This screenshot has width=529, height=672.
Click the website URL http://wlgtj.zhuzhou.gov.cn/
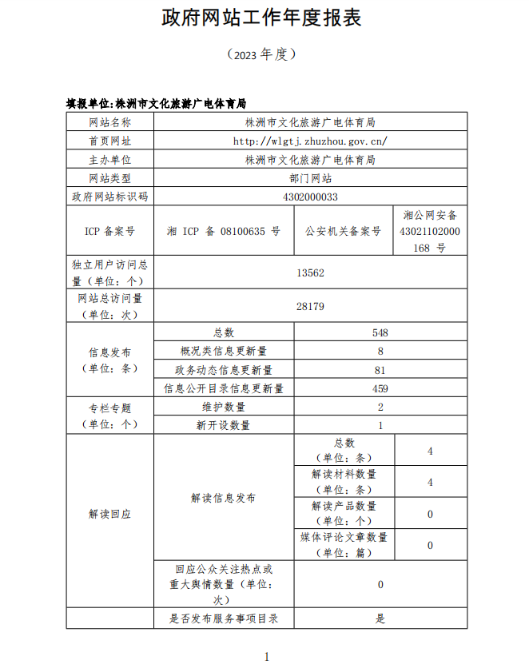[x=310, y=141]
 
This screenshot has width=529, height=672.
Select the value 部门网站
[x=310, y=178]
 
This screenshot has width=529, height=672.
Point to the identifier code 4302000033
[x=310, y=197]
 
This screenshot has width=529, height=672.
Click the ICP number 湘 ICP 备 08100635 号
[x=224, y=231]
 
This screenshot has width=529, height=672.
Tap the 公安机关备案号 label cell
[x=344, y=231]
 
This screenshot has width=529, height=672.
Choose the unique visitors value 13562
[x=310, y=272]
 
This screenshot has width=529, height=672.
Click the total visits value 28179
[x=310, y=306]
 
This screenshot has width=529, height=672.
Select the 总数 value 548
[x=380, y=332]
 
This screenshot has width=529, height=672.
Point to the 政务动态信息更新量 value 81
[x=380, y=370]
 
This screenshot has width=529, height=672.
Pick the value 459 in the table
[x=380, y=388]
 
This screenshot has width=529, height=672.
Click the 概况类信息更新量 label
[x=224, y=351]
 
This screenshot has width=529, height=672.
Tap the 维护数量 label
[x=224, y=407]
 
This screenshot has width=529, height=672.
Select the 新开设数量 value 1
[x=380, y=426]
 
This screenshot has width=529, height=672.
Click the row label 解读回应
[x=109, y=514]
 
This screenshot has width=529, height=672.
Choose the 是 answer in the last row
[x=380, y=618]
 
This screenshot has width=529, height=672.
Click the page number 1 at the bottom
[x=266, y=657]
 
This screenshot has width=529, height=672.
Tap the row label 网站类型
[x=109, y=178]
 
